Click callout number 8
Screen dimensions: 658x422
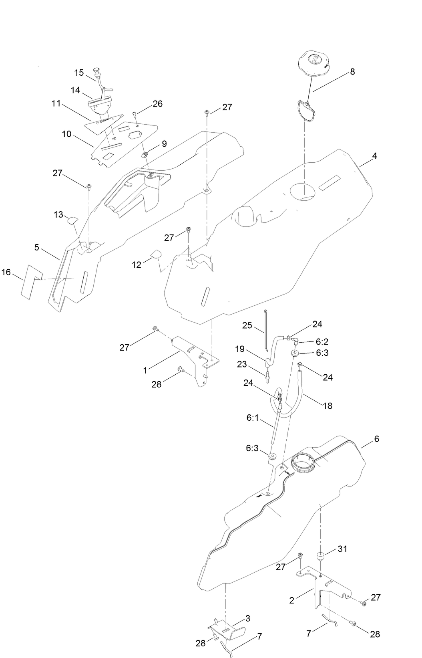(352, 72)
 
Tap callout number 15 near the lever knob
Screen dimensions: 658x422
(79, 73)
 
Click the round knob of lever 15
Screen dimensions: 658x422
(96, 71)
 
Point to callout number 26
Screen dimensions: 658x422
(158, 103)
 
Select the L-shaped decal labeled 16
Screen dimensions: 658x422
(30, 282)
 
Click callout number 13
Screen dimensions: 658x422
(58, 215)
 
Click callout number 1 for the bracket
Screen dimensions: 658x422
(145, 371)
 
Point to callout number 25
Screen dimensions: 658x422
(247, 325)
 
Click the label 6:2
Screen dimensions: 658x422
(322, 342)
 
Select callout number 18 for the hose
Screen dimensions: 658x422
(327, 406)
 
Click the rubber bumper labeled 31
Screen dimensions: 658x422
(320, 557)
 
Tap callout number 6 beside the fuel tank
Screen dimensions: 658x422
(376, 439)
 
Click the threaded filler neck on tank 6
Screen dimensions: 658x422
(303, 463)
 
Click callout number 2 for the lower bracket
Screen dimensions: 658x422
(292, 600)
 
